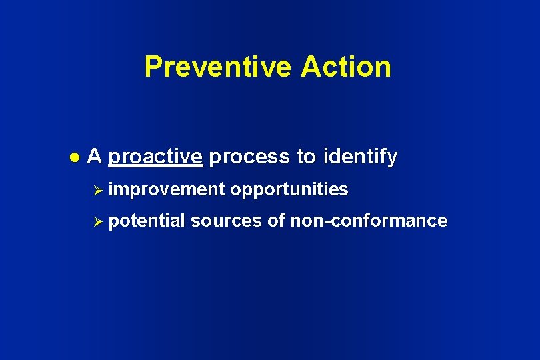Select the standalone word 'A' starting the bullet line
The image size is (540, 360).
pos(95,157)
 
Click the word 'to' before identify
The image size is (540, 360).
pos(306,157)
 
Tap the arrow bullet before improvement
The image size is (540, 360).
pos(99,190)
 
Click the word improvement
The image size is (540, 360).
pos(167,190)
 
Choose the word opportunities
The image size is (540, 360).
pos(289,190)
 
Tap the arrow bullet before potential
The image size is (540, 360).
pos(99,221)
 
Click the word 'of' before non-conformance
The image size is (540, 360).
pos(276,221)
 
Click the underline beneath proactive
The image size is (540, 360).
pos(155,165)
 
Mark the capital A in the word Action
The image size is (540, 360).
pos(311,67)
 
